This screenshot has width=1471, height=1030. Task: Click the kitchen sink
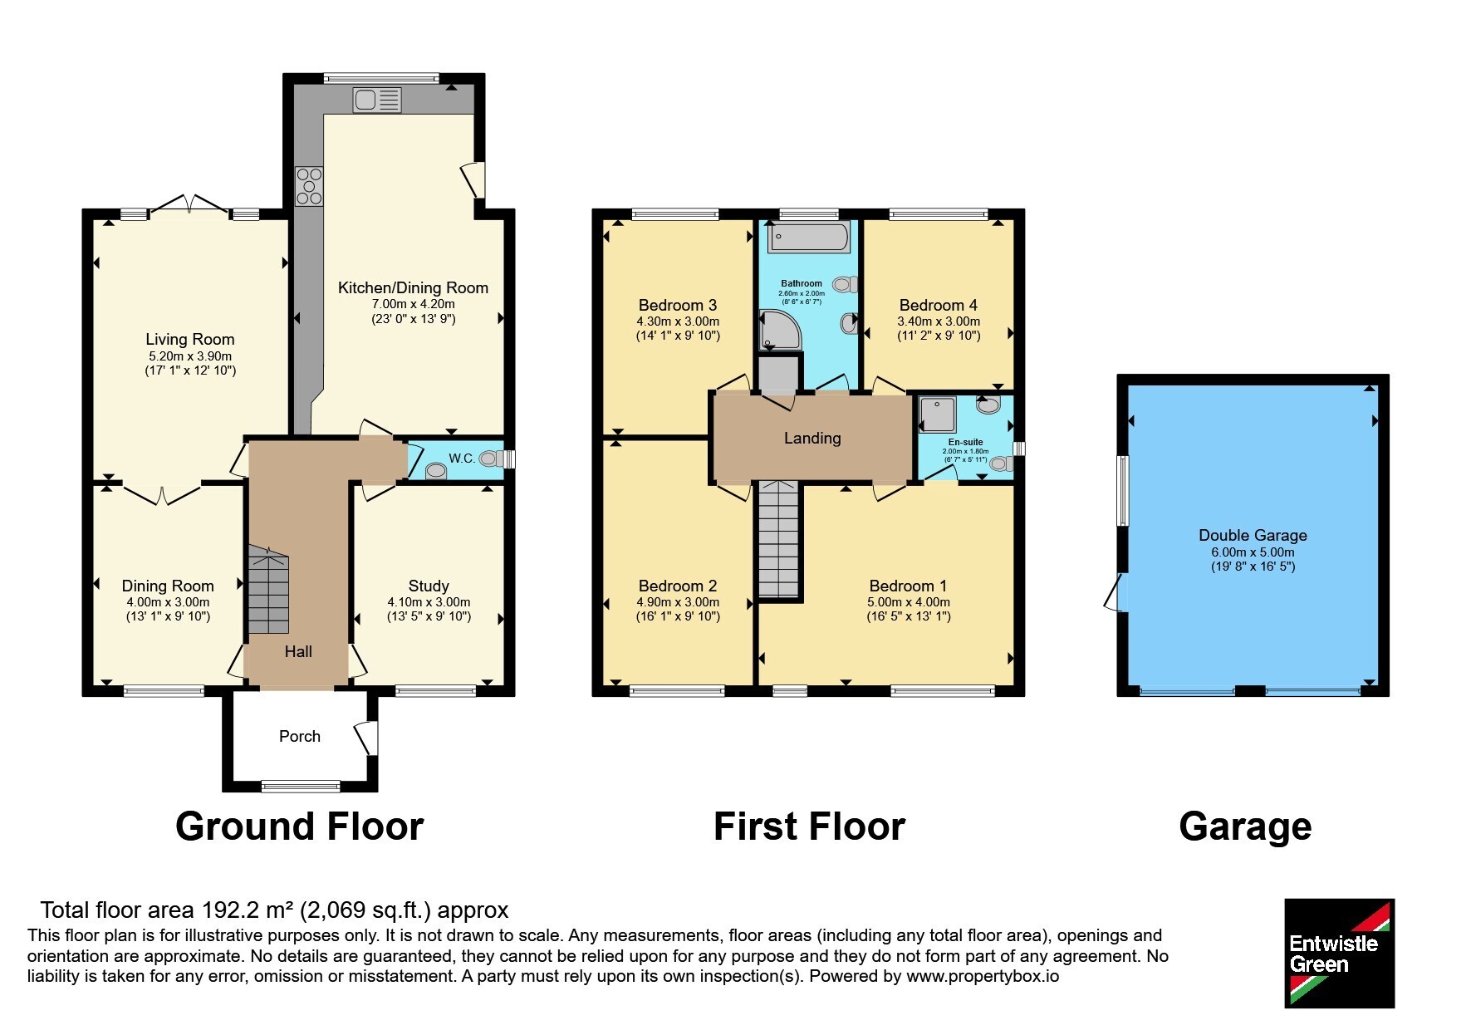[377, 100]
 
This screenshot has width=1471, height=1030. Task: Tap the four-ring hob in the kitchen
[309, 186]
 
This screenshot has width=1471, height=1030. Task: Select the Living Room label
[190, 339]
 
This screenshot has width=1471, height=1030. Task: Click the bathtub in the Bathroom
[808, 238]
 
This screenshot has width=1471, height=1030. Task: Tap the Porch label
[300, 736]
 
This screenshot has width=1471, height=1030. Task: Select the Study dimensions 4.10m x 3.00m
[429, 602]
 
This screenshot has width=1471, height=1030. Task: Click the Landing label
[812, 438]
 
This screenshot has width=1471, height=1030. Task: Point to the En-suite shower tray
[939, 414]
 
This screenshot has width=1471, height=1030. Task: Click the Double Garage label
[1253, 536]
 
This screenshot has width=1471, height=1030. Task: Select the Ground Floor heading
[300, 826]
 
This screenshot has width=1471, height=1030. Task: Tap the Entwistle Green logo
[1339, 953]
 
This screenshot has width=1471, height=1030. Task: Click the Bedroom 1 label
[908, 586]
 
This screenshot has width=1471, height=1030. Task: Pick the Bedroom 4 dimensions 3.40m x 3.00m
[939, 321]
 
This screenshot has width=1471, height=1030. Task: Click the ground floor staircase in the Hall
[267, 590]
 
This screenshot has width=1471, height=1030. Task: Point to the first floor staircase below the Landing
[778, 540]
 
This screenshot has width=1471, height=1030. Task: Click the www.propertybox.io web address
[983, 976]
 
